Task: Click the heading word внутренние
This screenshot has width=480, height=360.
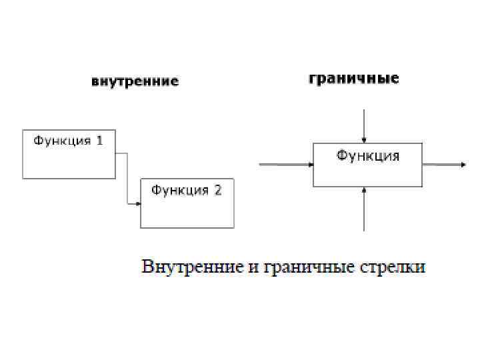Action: click(135, 82)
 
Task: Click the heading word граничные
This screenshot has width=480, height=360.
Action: click(353, 79)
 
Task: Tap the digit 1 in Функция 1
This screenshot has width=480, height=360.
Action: click(99, 141)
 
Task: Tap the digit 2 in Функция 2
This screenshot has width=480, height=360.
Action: click(217, 191)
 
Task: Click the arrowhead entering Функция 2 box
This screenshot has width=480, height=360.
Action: click(137, 203)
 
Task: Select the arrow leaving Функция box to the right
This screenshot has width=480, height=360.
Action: click(443, 165)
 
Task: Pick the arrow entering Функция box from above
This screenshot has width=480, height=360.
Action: click(363, 127)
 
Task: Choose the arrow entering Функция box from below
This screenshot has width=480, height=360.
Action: click(363, 210)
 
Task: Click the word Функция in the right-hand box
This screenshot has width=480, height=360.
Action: click(367, 156)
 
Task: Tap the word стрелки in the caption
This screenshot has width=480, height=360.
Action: click(393, 267)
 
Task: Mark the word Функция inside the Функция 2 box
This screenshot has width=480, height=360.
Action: click(179, 191)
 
